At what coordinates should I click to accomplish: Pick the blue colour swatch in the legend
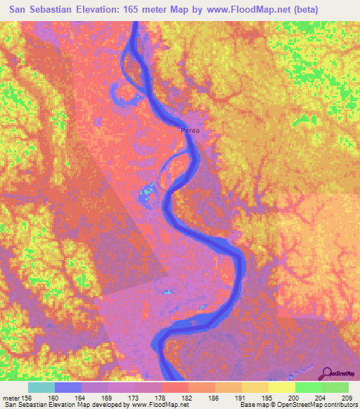tap(68, 388)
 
